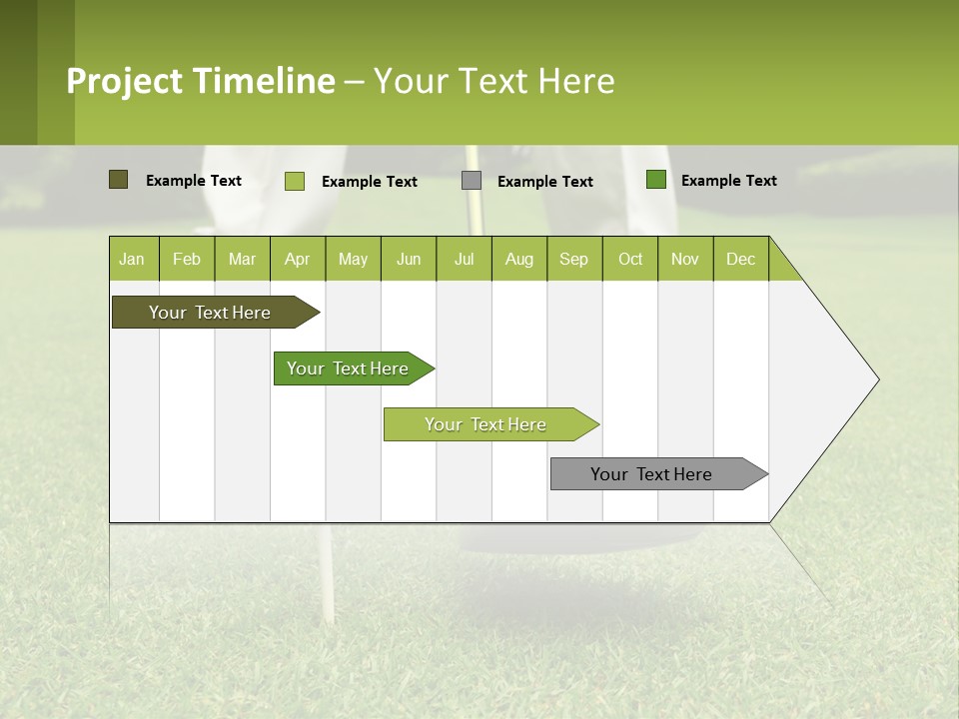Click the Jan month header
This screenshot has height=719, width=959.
coord(132,259)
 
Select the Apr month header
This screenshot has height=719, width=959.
coord(298,259)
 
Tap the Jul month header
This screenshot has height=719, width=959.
coord(465,259)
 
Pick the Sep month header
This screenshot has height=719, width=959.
coord(573,259)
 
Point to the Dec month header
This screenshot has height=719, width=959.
coord(740,259)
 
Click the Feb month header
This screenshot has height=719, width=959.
coord(187,259)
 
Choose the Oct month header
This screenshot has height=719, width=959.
coord(630,259)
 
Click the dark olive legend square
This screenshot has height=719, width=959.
coord(118,180)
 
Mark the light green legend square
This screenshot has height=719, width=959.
coord(295,181)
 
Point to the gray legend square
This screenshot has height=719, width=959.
coord(472,181)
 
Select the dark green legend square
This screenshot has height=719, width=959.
coord(656,180)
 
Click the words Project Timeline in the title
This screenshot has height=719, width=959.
coord(201,81)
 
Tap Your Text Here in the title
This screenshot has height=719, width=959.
coord(494,81)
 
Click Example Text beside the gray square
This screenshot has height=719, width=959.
coord(545,182)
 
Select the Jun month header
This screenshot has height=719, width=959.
coord(409,259)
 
